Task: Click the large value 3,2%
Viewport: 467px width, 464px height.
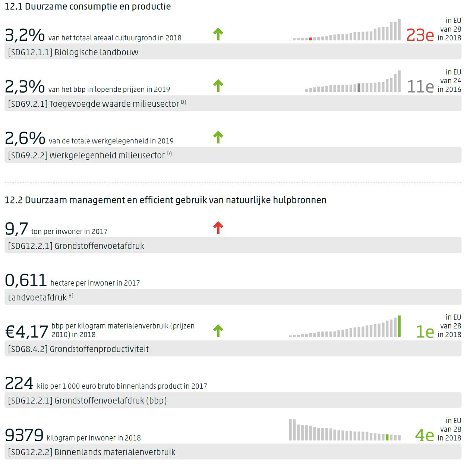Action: (x=25, y=35)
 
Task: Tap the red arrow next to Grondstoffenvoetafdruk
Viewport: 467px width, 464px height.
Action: (x=218, y=228)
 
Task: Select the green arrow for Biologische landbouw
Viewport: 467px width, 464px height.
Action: (x=218, y=34)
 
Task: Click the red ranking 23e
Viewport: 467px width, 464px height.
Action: (x=420, y=35)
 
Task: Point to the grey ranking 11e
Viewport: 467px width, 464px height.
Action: (x=420, y=87)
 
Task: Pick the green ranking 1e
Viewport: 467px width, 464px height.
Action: (x=425, y=332)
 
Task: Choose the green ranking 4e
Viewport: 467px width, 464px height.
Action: (x=425, y=435)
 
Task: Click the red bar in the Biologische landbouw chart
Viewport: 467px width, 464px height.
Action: (x=310, y=39)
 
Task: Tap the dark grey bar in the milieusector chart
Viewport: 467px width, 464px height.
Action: (x=359, y=88)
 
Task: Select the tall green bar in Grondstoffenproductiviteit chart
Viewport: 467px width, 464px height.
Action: (x=399, y=326)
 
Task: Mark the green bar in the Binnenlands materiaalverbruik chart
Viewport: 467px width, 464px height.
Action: (x=387, y=437)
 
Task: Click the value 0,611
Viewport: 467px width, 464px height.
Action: (x=26, y=280)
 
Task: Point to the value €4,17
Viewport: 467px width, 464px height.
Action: (x=26, y=331)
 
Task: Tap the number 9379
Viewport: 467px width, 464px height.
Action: (x=24, y=435)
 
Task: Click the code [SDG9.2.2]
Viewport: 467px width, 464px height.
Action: (x=28, y=155)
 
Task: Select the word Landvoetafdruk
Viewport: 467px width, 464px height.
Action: (x=37, y=298)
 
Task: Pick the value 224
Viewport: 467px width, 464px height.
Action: (x=19, y=383)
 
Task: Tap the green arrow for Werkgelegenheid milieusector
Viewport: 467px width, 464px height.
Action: (x=218, y=137)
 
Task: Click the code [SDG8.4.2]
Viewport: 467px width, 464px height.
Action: (x=28, y=349)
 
